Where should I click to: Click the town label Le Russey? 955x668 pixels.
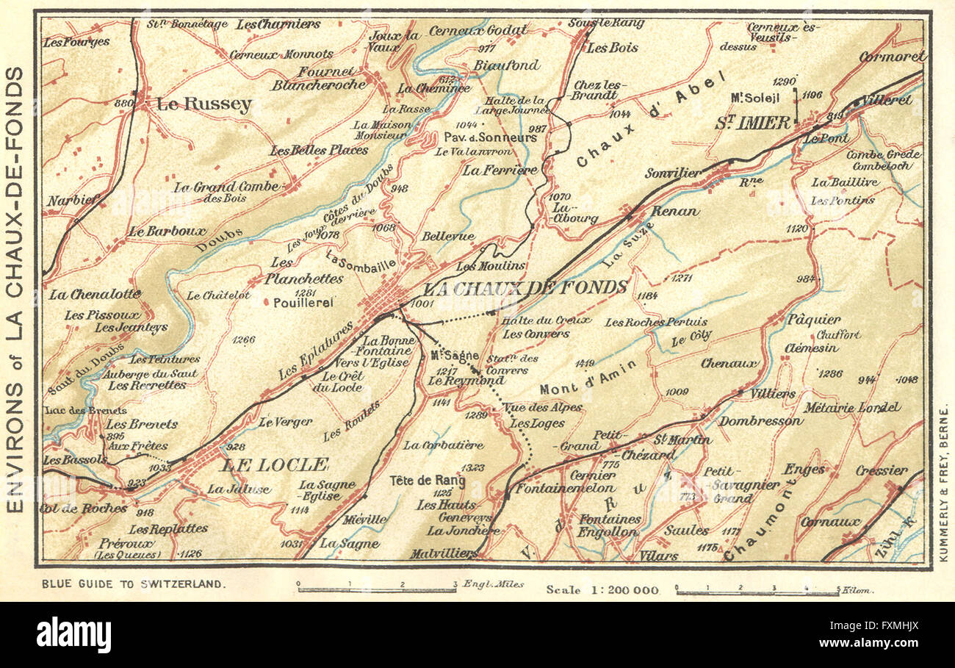pyautogui.click(x=203, y=105)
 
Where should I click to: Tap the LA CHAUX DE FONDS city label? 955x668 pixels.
pyautogui.click(x=527, y=287)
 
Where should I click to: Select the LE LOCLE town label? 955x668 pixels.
pyautogui.click(x=274, y=464)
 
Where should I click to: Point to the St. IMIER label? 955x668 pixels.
pyautogui.click(x=753, y=123)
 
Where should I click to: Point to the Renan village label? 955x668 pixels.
pyautogui.click(x=674, y=212)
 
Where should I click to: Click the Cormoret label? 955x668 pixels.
pyautogui.click(x=892, y=56)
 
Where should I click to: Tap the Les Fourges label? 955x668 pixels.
pyautogui.click(x=76, y=42)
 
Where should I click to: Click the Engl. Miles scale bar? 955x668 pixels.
pyautogui.click(x=376, y=589)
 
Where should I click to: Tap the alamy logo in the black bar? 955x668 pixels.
pyautogui.click(x=73, y=634)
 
